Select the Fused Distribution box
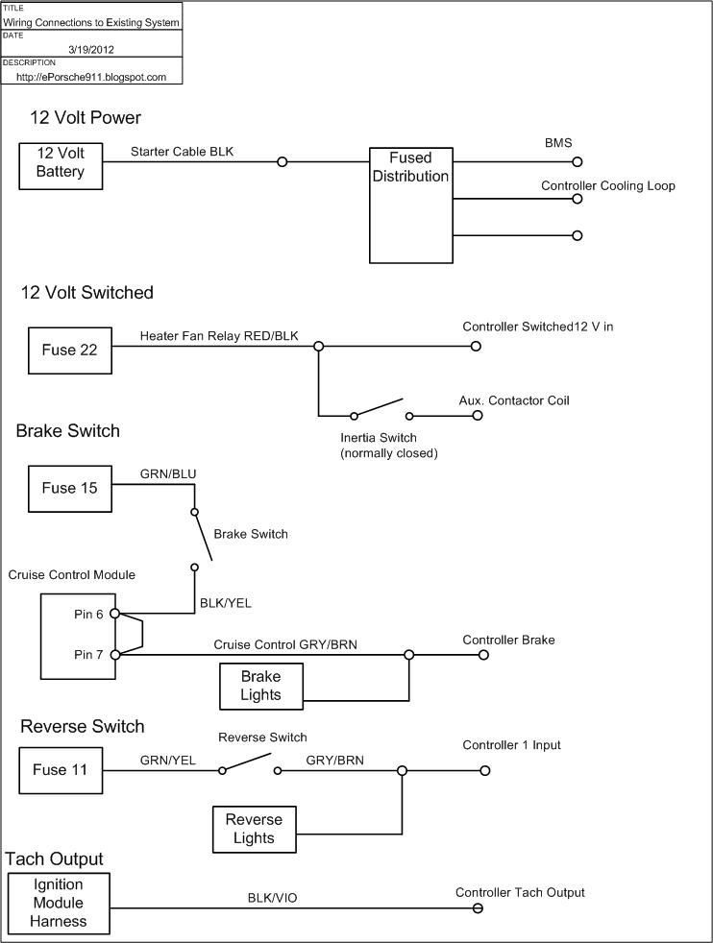(410, 205)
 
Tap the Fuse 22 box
(69, 351)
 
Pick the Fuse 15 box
(70, 488)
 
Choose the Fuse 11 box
(61, 770)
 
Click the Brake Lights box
(261, 686)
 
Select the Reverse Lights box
(254, 829)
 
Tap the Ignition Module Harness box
(59, 903)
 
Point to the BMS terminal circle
(578, 162)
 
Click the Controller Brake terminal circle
(484, 655)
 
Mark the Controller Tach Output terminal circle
(477, 908)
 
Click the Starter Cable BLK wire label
(182, 151)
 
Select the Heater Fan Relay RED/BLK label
(219, 336)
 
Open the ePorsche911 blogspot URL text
(91, 77)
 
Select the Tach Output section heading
(55, 858)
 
